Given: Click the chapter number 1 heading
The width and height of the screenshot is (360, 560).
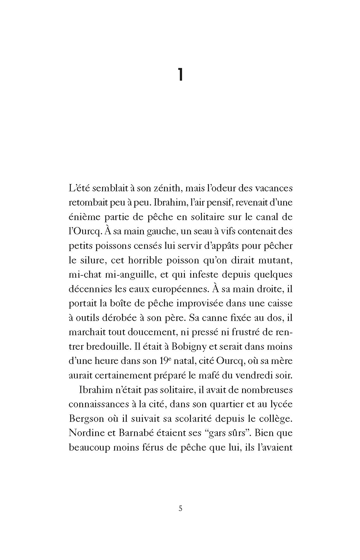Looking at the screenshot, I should [180, 76].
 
